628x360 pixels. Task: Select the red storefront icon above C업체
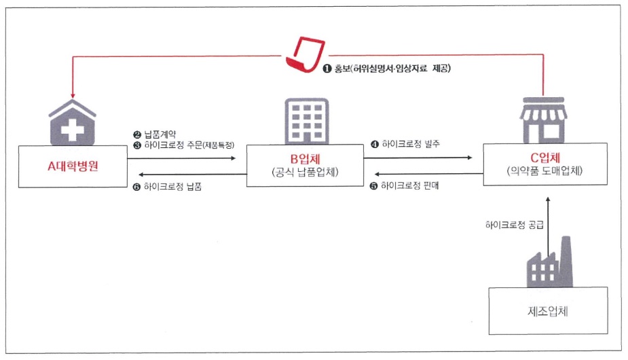tap(542, 116)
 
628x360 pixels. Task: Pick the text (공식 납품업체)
tap(304, 173)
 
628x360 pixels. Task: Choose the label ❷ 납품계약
tap(154, 135)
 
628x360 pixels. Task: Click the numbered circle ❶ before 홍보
tap(327, 69)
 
